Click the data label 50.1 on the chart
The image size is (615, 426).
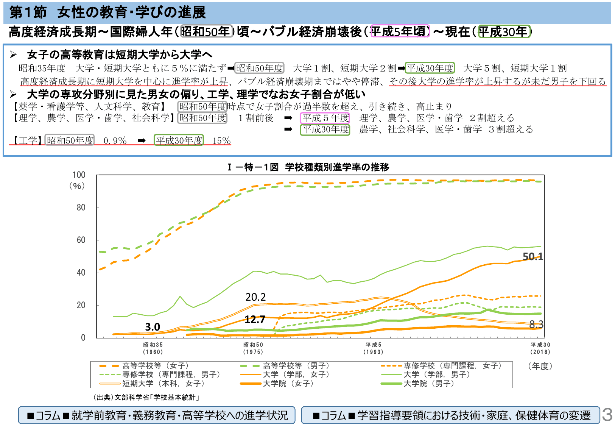coord(532,257)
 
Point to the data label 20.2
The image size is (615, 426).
coord(255,297)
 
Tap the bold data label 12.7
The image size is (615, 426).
coord(255,320)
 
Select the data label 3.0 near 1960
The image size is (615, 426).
coord(153,327)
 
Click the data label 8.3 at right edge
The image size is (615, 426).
coord(536,324)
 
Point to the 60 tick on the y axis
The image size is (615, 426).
coord(81,240)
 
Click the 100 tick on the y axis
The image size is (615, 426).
coord(79,175)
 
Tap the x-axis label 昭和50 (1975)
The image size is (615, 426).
coord(253,348)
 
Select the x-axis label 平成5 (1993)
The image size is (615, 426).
coord(373,348)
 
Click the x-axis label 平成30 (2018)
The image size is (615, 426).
coord(540,348)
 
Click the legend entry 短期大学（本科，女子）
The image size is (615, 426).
coord(163,384)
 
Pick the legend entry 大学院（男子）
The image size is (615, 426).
coord(429,384)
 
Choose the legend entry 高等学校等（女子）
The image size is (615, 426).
coord(155,366)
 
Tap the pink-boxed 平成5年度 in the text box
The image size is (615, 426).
coord(325,118)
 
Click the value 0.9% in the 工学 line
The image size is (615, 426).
coord(115,141)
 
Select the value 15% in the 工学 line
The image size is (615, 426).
coord(221,141)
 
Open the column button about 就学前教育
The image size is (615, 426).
coord(157,415)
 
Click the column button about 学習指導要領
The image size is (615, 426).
coord(450,415)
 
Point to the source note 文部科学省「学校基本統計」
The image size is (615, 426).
coord(157,397)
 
